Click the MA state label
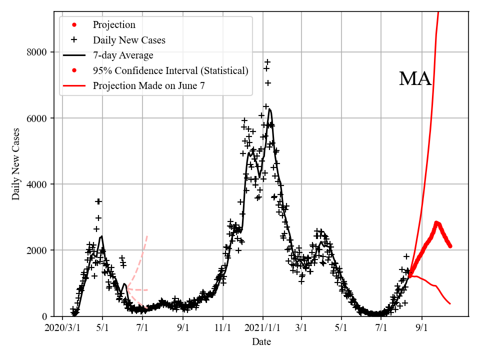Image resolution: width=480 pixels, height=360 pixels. pyautogui.click(x=415, y=79)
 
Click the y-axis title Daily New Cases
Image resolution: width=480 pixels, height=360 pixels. pyautogui.click(x=16, y=164)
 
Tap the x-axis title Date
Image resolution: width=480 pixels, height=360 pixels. pyautogui.click(x=261, y=341)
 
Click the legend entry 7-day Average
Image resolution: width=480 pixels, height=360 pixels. pyautogui.click(x=123, y=55)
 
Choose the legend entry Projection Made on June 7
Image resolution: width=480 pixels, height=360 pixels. pyautogui.click(x=148, y=85)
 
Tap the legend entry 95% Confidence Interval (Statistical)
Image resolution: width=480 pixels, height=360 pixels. pyautogui.click(x=170, y=70)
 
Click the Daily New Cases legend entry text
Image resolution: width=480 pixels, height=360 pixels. pyautogui.click(x=129, y=40)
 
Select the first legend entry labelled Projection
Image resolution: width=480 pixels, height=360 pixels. pyautogui.click(x=114, y=24)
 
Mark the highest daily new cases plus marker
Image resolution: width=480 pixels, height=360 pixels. pyautogui.click(x=267, y=62)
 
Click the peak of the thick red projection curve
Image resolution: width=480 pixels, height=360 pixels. pyautogui.click(x=436, y=222)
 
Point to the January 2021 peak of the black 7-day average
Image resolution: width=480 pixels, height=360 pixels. pyautogui.click(x=269, y=109)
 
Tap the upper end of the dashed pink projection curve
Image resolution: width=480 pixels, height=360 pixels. pyautogui.click(x=147, y=235)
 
